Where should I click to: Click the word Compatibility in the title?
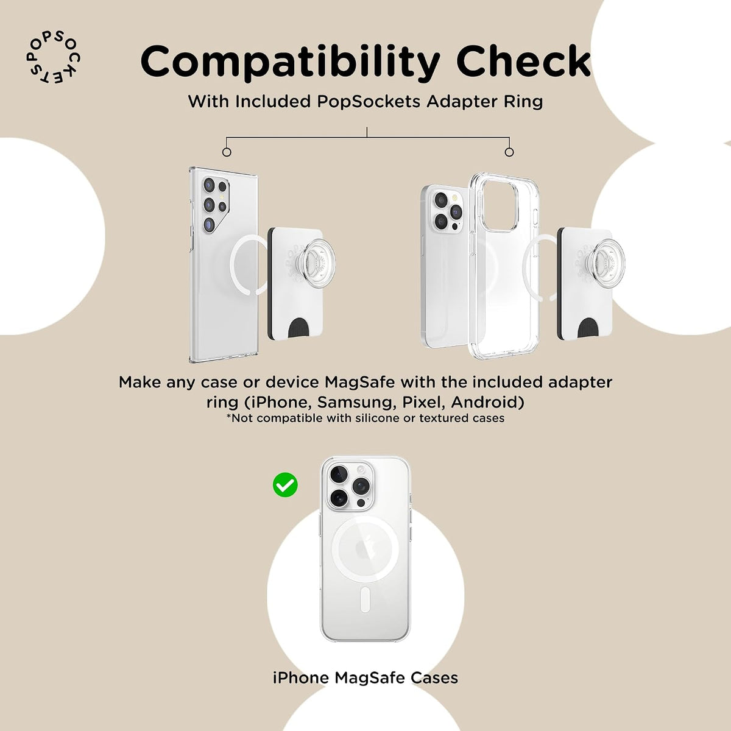[290, 62]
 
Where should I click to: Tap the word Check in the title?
[523, 61]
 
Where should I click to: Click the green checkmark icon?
[285, 485]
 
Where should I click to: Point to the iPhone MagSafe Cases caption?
[365, 678]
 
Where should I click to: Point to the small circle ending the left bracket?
[227, 152]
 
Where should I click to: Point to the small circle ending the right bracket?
[509, 152]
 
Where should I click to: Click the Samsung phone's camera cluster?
[214, 204]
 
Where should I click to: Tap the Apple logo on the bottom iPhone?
[365, 549]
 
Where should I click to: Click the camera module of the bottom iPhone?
[351, 486]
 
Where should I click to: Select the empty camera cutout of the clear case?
[501, 206]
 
